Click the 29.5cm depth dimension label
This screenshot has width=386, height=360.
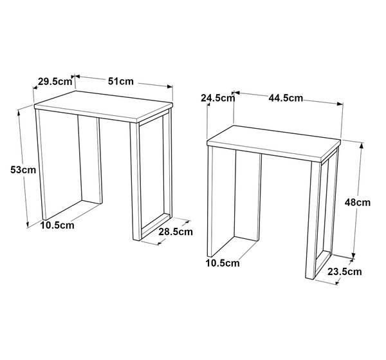tap(55, 81)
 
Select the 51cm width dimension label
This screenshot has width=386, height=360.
tap(121, 81)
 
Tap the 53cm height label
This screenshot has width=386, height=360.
tap(23, 170)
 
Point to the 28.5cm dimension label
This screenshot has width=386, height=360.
tap(176, 232)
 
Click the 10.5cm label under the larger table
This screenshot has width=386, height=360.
tap(57, 225)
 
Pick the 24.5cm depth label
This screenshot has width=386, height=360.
tap(218, 98)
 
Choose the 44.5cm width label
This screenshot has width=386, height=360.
tap(286, 98)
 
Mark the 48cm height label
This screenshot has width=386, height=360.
tap(358, 203)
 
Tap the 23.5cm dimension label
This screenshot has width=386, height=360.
tap(345, 272)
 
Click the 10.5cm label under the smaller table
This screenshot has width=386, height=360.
tap(223, 263)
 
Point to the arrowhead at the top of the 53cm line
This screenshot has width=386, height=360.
tap(19, 113)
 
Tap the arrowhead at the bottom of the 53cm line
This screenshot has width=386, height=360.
tap(28, 224)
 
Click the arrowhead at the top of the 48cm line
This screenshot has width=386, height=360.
tap(361, 146)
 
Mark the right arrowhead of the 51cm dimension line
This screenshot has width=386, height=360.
tap(170, 86)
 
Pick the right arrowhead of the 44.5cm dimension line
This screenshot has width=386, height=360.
tap(340, 104)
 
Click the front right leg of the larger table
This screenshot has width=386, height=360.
tap(136, 181)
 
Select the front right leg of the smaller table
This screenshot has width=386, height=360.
tap(310, 220)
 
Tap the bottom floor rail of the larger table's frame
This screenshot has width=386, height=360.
tap(156, 225)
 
